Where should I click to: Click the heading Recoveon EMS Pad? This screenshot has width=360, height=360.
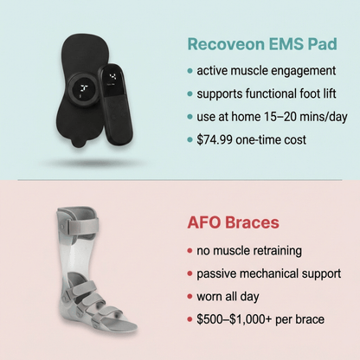[257, 42]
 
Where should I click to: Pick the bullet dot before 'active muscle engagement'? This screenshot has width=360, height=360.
[190, 69]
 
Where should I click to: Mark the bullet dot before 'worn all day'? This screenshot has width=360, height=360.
[190, 297]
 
